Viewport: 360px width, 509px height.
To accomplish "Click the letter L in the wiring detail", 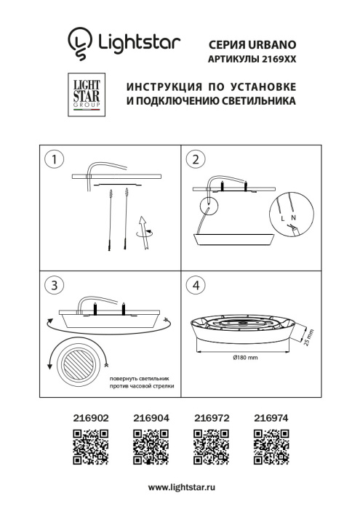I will (282, 217).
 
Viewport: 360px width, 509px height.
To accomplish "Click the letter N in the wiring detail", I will (293, 217).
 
